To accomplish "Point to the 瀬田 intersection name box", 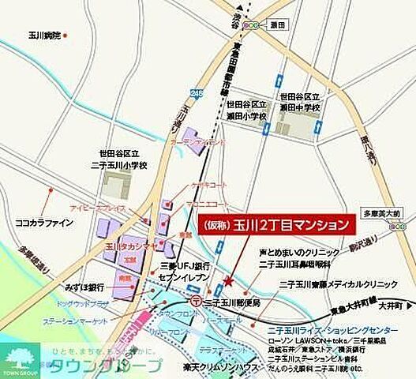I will (278, 26).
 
